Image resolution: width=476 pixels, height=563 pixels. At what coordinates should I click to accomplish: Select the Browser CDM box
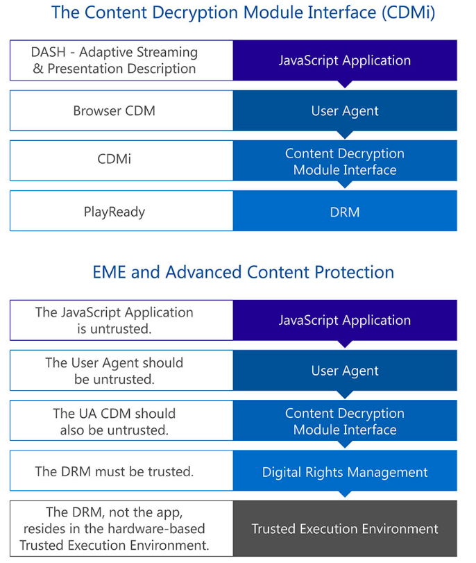pos(121,110)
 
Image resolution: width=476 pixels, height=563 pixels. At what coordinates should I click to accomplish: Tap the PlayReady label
pos(114,212)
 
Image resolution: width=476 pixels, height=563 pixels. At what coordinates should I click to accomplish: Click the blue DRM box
pos(345,211)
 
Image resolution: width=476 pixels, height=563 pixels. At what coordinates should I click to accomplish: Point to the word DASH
pos(48,52)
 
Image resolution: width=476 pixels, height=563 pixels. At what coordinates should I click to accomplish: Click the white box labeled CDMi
pos(121,160)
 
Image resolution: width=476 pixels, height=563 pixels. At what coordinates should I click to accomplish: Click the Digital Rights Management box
pos(345,471)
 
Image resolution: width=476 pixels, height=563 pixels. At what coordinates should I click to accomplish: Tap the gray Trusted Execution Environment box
pos(345,528)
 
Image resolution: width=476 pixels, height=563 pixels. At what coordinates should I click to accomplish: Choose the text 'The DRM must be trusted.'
pos(114,471)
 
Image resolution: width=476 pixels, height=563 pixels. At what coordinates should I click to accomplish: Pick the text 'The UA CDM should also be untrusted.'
pos(114,421)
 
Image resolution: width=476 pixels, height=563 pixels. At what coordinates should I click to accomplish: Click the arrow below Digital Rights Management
pos(345,494)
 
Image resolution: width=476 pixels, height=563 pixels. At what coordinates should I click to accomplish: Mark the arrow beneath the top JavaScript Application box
pos(345,85)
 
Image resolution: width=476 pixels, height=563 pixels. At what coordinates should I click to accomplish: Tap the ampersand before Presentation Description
pos(38,69)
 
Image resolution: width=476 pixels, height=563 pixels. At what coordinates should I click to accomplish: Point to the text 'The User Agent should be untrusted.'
pos(114,371)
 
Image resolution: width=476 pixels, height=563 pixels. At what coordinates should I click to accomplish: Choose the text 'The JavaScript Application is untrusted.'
pos(114,321)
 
